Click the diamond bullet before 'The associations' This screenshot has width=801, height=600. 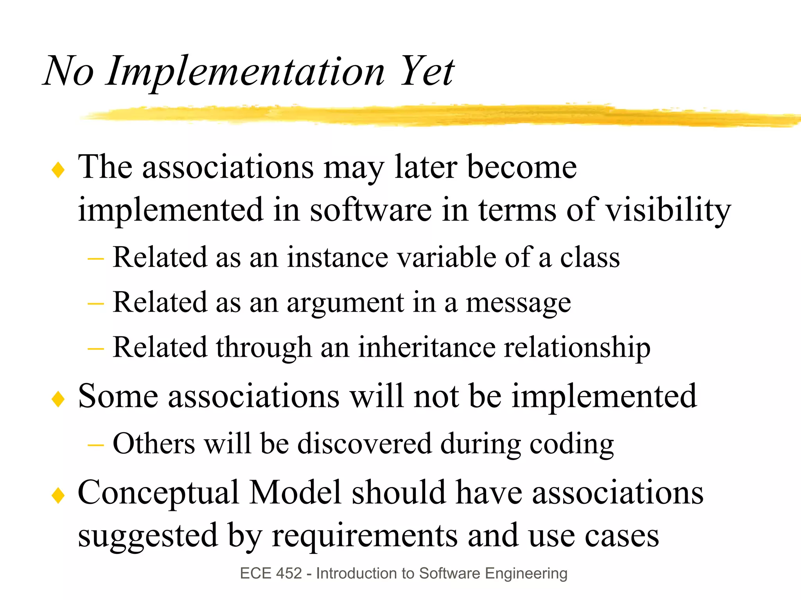coord(58,171)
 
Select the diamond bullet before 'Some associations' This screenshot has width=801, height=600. coord(58,399)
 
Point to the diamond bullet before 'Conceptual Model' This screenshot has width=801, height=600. coord(58,496)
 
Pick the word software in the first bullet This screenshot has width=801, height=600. coord(371,210)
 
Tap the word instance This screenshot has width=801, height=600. coord(337,257)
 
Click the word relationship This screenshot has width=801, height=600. coord(577,347)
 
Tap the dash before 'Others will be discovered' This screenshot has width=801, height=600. coord(96,445)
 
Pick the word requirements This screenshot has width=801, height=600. coord(365,536)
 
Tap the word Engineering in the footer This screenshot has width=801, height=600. coord(526,574)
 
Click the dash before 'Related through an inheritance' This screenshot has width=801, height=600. coord(96,348)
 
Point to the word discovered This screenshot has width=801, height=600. coord(365,444)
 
